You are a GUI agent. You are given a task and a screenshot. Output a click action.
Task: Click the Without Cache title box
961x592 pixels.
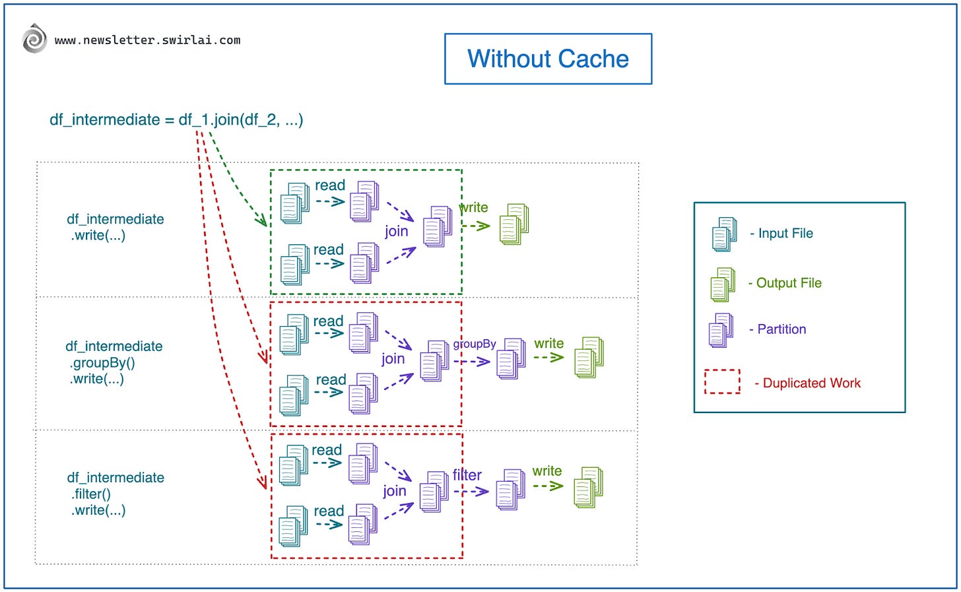548,59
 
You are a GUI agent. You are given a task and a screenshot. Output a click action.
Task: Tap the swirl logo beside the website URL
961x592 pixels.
34,39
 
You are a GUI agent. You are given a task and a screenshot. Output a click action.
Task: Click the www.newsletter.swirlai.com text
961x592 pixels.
147,40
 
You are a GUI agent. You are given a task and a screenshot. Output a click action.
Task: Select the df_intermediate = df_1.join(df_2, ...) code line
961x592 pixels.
176,119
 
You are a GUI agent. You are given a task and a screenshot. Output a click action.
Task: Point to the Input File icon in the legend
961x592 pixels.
724,234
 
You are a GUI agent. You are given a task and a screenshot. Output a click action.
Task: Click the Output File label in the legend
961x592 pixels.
788,283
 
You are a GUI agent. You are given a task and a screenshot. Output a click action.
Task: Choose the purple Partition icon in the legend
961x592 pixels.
721,330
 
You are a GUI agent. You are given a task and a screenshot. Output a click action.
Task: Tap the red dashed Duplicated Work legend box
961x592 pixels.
722,382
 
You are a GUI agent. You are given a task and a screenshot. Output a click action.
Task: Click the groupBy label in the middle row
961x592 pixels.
474,344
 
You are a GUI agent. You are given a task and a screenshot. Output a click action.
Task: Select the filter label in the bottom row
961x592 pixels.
467,475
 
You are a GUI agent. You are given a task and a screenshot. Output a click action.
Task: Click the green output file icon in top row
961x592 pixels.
514,224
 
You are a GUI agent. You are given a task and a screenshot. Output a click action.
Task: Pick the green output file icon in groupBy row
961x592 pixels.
589,357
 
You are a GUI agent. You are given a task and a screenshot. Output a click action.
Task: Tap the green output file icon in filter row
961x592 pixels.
588,487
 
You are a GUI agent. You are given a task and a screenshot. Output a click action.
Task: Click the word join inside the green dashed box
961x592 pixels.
396,231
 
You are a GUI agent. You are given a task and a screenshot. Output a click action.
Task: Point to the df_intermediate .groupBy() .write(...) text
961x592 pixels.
114,362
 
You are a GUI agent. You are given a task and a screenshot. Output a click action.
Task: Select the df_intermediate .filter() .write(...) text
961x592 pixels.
116,494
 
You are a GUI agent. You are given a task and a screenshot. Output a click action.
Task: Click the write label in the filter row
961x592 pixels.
547,471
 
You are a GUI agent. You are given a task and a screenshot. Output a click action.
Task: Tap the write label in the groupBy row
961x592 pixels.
548,344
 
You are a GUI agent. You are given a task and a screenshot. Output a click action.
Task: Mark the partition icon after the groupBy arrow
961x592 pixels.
511,358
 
